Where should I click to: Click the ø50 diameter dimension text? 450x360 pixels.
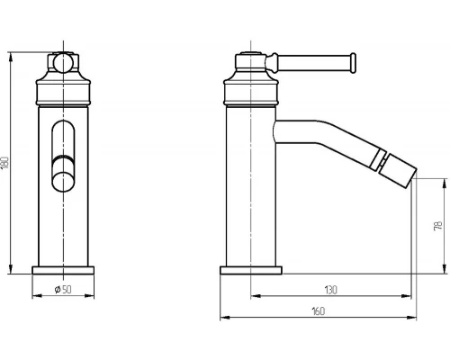pyautogui.click(x=63, y=290)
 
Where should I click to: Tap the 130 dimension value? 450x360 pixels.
pyautogui.click(x=330, y=290)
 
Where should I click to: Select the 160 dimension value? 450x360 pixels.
pyautogui.click(x=319, y=311)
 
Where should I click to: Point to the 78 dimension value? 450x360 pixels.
pyautogui.click(x=438, y=226)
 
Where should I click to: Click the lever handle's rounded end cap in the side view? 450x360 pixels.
pyautogui.click(x=353, y=63)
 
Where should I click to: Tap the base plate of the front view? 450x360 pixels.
pyautogui.click(x=63, y=270)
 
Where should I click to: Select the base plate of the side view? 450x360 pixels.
pyautogui.click(x=251, y=270)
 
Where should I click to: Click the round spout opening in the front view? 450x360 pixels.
pyautogui.click(x=63, y=181)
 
